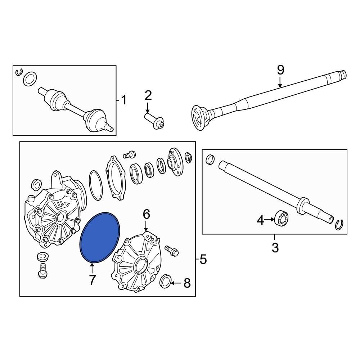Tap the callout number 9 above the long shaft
point(280,70)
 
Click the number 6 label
point(146,215)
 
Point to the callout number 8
point(186,283)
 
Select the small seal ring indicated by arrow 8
point(165,281)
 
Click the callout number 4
point(260,220)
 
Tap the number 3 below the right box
point(275,248)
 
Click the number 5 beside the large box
point(203,259)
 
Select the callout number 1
point(123,100)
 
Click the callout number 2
point(148,96)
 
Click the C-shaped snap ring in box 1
point(19,72)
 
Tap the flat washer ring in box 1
point(30,79)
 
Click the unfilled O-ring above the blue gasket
point(95,186)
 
